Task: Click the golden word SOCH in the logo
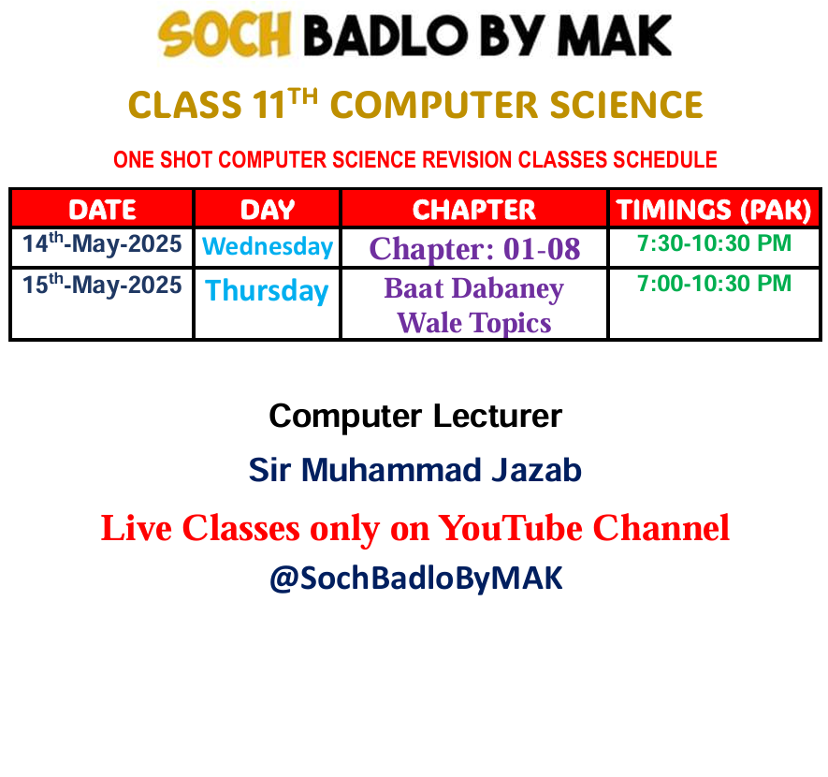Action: click(x=225, y=35)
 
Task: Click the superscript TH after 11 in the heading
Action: click(x=303, y=96)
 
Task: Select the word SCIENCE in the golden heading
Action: click(x=626, y=105)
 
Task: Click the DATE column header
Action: click(x=102, y=210)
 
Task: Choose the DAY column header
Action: click(x=268, y=210)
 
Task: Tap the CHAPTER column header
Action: click(x=474, y=210)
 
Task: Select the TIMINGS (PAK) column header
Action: click(x=714, y=210)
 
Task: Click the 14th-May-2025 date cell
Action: click(x=102, y=243)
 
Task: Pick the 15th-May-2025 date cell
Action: click(x=102, y=285)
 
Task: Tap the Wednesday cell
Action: click(x=268, y=247)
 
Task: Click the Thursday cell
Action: click(x=268, y=290)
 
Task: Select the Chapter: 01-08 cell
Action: click(x=474, y=249)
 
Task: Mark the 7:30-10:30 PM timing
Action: click(x=714, y=243)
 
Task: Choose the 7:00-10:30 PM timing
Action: click(x=714, y=284)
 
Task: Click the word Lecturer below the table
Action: click(x=498, y=417)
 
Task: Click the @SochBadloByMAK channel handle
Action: click(x=416, y=578)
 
